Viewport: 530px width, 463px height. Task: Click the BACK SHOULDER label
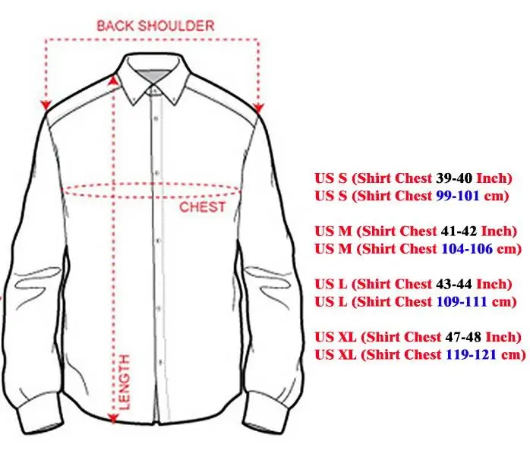tap(155, 25)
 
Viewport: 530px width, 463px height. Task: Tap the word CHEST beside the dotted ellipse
tap(203, 206)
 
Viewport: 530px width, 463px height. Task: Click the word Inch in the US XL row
tap(502, 337)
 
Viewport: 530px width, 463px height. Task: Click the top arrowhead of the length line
tap(114, 78)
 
